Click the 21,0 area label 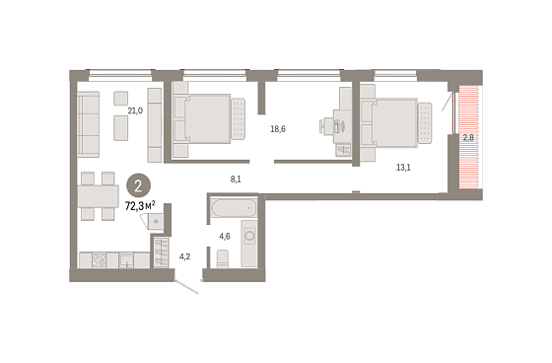[135, 111]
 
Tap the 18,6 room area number [278, 129]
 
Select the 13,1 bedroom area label [403, 168]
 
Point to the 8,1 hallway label [236, 180]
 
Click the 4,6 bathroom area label [225, 236]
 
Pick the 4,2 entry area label [185, 256]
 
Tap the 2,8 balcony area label [468, 138]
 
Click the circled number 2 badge [138, 185]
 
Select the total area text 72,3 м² [140, 206]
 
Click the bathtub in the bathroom [235, 208]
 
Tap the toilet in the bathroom [223, 258]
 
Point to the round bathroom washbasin [249, 236]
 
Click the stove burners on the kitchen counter [99, 260]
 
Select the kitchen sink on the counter [126, 260]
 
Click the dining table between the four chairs [99, 196]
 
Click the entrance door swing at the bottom [186, 287]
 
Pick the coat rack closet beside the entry [162, 253]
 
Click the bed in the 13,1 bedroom [395, 122]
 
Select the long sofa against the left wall [89, 124]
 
